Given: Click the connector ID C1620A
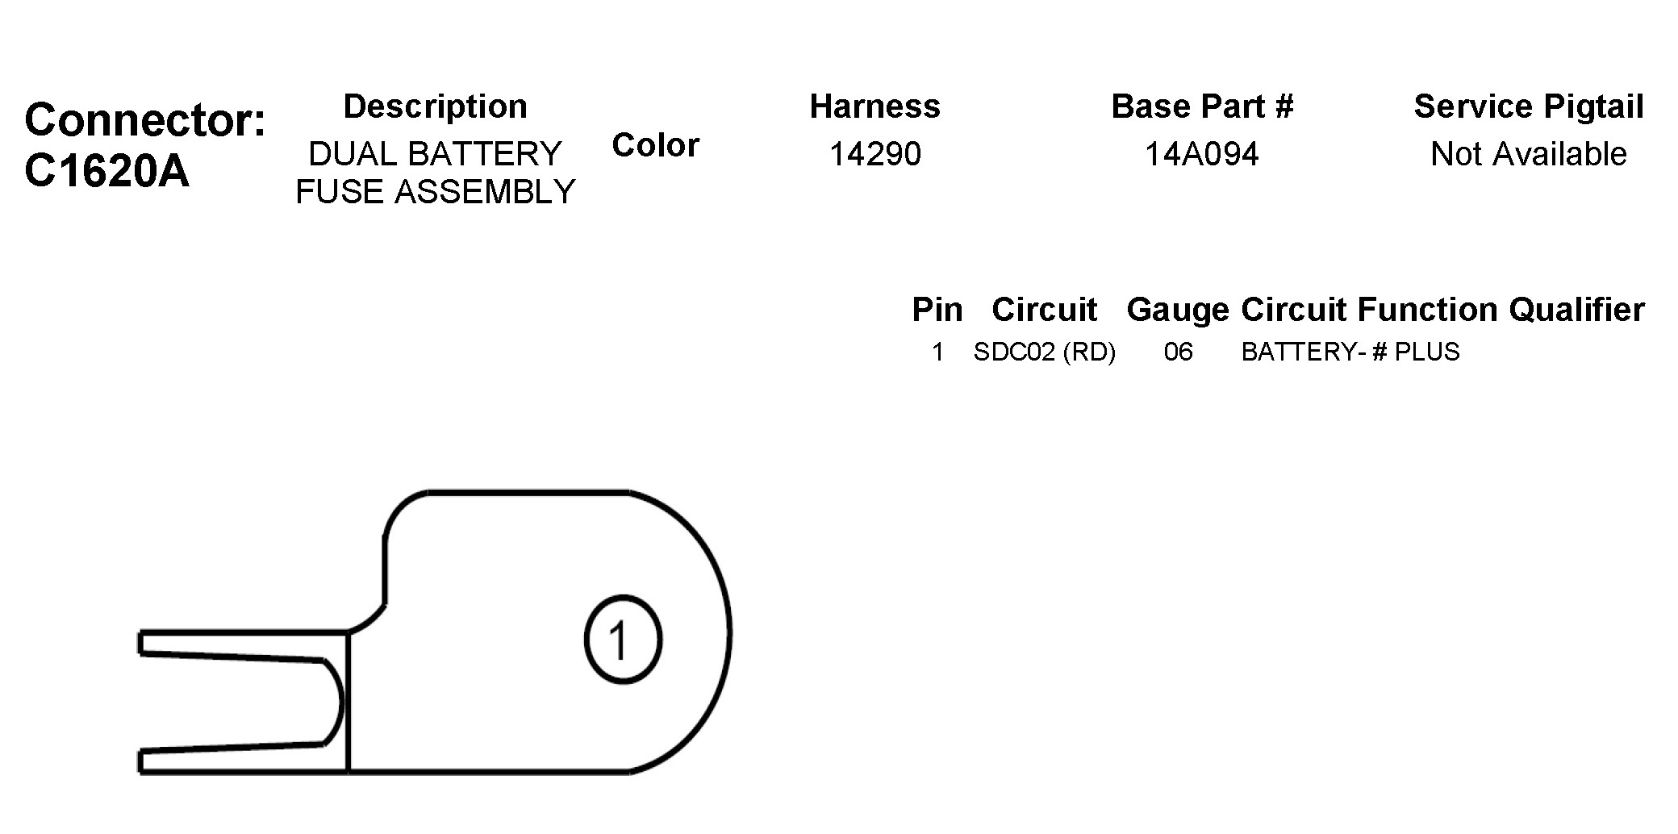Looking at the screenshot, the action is tap(106, 171).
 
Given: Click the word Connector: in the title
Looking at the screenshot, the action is tap(145, 119).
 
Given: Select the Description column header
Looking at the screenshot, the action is tap(436, 106).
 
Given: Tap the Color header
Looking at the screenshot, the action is tap(655, 145).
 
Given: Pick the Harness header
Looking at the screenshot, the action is tap(875, 106).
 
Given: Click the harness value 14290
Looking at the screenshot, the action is tap(875, 154).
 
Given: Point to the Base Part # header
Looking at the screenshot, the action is tap(1202, 106).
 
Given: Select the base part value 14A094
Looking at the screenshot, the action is tap(1202, 154).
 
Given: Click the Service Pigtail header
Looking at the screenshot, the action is tap(1529, 106).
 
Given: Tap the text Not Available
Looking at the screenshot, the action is tap(1529, 154).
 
